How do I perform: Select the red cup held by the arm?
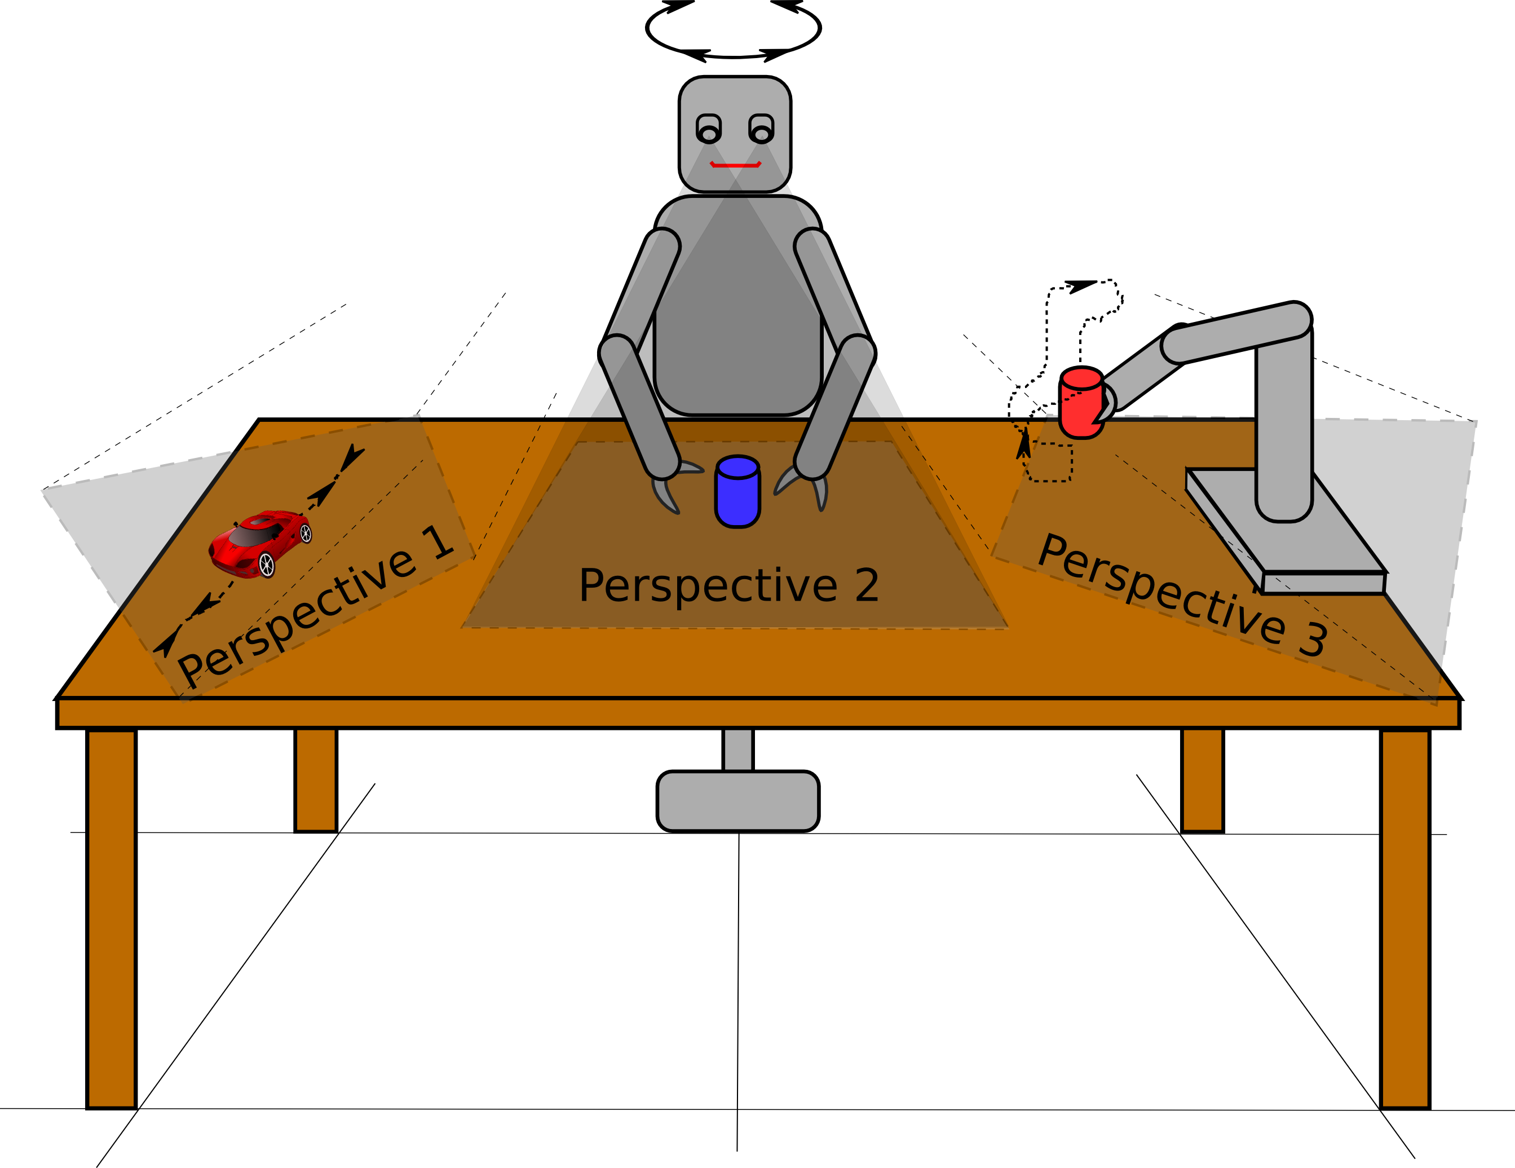coord(1081,403)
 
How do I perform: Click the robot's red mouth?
coord(735,165)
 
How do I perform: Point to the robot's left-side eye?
coord(708,130)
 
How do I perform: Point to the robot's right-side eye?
coord(761,130)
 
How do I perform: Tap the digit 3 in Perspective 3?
coord(1313,638)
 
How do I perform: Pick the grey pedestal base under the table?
coord(737,800)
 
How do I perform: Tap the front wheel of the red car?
coord(266,564)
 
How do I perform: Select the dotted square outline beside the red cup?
coord(1048,461)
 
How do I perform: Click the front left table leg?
coord(112,916)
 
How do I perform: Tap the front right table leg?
coord(1404,916)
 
